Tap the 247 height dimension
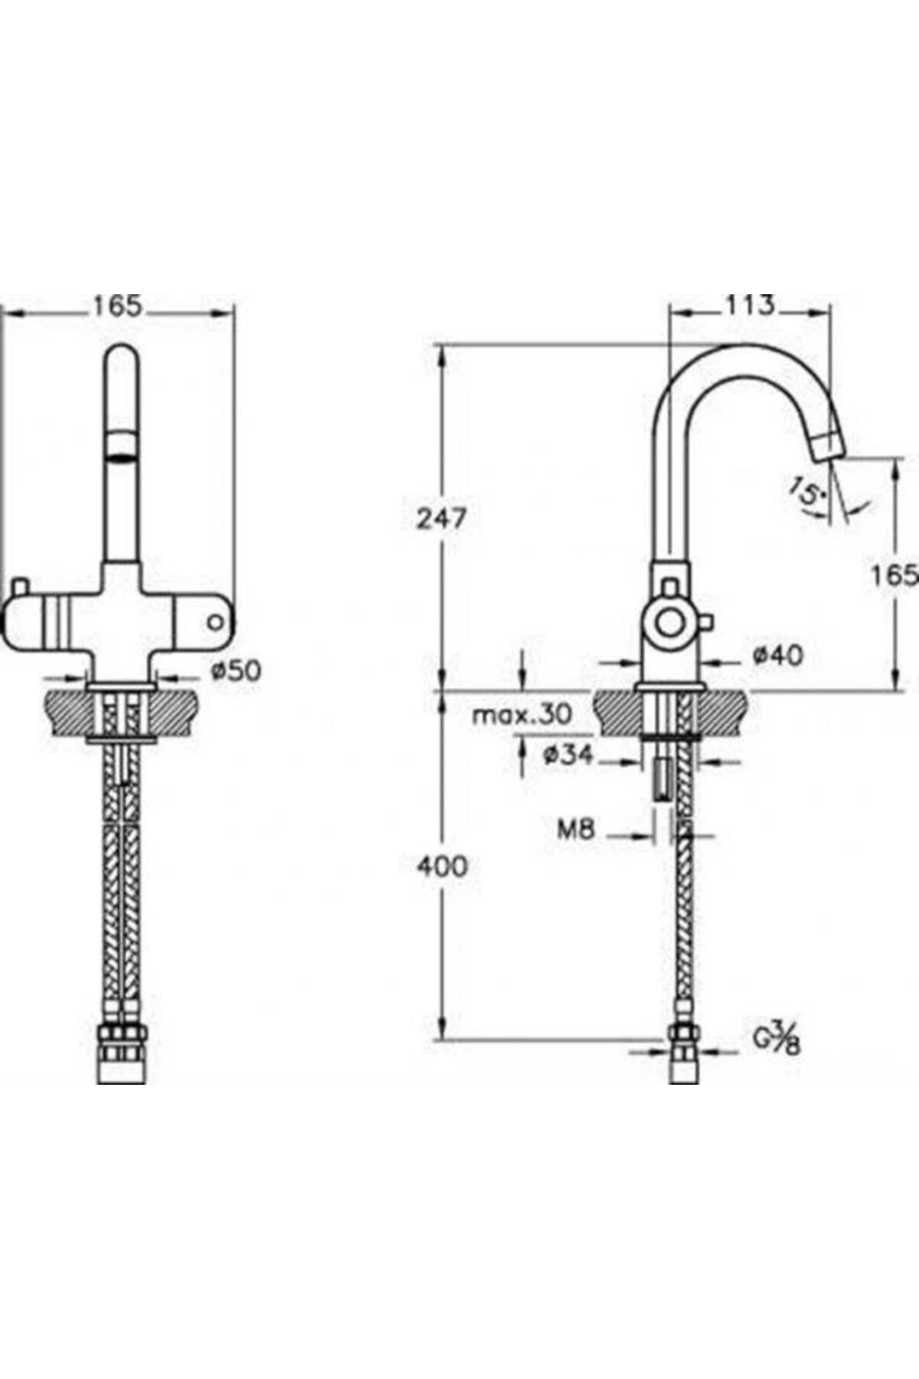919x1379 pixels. pos(441,519)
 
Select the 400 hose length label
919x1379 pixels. pos(441,866)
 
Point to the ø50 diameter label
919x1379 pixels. pos(236,670)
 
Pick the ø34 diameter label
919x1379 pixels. pos(567,755)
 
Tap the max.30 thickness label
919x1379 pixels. pos(522,715)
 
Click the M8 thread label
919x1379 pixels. pos(575,829)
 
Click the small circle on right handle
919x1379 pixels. pos(216,622)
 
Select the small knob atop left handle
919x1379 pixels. pos(19,586)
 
